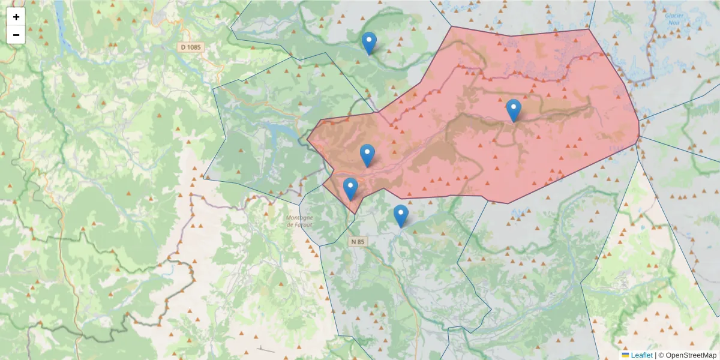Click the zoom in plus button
click(x=16, y=17)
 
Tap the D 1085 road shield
click(x=191, y=47)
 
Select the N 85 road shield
click(x=358, y=242)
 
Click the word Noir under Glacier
click(x=674, y=24)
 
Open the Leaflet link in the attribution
click(x=641, y=355)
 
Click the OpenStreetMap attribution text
click(x=691, y=355)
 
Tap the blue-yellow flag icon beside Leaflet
click(x=626, y=355)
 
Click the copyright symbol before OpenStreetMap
click(x=661, y=355)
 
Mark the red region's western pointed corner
click(x=308, y=140)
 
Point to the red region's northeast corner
click(x=589, y=29)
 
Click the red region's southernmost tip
click(x=355, y=213)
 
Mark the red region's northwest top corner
click(x=451, y=26)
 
